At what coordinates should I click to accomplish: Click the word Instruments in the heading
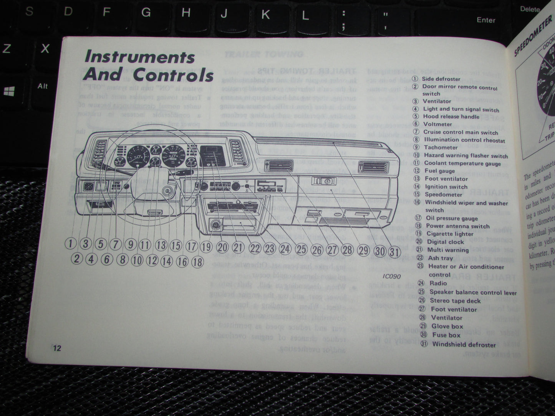point(140,57)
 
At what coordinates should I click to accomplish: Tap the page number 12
point(57,348)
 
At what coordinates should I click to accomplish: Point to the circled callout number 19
point(206,246)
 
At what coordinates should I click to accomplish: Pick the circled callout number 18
point(197,262)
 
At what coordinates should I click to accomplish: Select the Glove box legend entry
point(447,326)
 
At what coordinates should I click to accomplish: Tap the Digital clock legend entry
point(445,242)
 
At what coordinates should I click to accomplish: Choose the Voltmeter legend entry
point(437,124)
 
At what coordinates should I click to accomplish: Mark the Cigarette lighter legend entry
point(449,234)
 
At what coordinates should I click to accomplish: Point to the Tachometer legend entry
point(441,147)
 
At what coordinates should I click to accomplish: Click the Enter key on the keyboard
point(485,20)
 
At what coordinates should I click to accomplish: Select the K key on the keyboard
point(265,15)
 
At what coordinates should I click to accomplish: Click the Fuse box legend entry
point(446,335)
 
